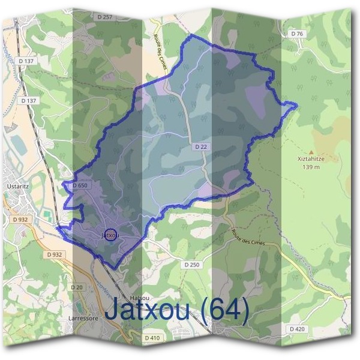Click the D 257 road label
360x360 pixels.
tap(104, 17)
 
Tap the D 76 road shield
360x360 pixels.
tap(297, 34)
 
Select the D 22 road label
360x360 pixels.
tap(200, 146)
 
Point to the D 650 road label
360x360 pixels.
tap(80, 186)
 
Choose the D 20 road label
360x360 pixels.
tap(77, 287)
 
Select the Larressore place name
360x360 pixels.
tap(83, 319)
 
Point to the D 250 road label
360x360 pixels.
tap(191, 264)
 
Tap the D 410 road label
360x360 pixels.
tap(152, 338)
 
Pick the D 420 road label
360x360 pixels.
tap(297, 329)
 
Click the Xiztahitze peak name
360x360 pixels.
tap(311, 160)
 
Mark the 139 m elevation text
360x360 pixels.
tap(311, 167)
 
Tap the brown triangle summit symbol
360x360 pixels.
tap(311, 152)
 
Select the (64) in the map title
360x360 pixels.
tap(225, 310)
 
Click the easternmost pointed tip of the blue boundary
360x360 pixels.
tap(296, 105)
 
